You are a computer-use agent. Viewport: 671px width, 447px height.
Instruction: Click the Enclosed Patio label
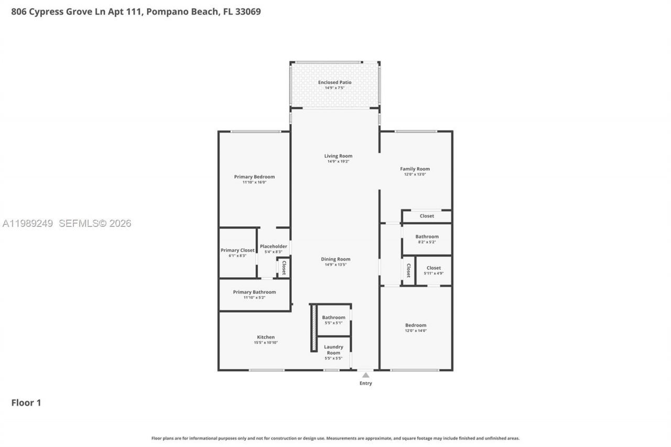click(334, 82)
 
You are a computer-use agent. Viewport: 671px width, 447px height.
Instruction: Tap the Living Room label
click(338, 156)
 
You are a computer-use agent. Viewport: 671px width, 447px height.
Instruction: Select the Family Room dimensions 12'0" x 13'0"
click(415, 175)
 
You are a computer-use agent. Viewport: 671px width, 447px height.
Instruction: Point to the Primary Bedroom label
click(254, 177)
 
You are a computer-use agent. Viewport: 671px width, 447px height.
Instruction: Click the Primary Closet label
click(237, 250)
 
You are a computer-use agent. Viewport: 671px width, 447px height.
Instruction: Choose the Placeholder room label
click(273, 246)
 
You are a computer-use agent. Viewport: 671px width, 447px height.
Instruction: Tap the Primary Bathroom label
click(254, 292)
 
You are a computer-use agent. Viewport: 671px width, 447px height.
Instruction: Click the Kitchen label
click(266, 337)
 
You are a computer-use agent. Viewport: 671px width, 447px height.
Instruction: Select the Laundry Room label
click(333, 350)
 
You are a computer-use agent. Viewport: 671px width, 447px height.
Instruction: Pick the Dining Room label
click(335, 259)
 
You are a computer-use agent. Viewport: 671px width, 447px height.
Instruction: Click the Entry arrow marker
click(365, 375)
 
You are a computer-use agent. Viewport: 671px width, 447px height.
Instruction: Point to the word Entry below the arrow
click(365, 383)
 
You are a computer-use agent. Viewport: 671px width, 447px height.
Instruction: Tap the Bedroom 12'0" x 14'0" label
click(415, 325)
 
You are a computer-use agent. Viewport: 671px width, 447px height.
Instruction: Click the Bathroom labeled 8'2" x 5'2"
click(427, 236)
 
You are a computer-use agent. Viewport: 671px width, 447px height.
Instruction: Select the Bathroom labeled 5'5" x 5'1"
click(333, 317)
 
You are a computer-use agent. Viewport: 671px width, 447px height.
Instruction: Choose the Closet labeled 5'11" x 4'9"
click(434, 268)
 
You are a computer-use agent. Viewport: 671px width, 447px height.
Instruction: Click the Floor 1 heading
click(26, 402)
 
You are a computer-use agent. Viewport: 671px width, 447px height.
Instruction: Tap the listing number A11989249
click(28, 223)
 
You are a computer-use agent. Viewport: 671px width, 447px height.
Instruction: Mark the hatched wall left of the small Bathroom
click(313, 328)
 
